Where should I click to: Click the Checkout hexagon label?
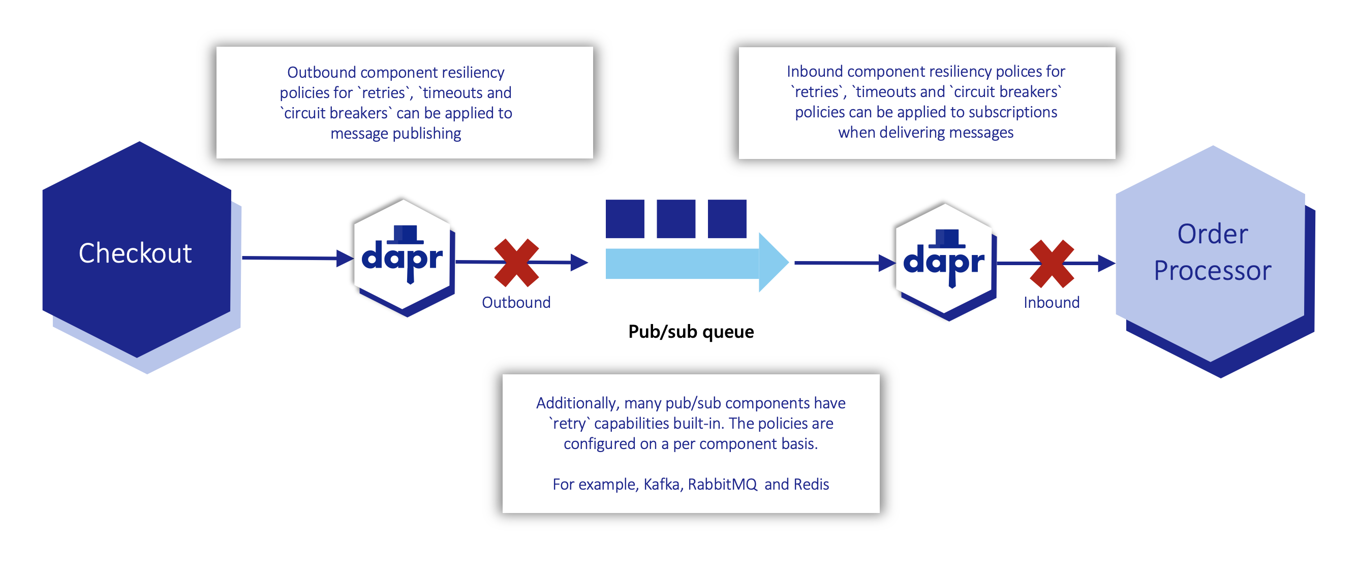(135, 253)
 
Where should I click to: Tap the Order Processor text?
(1213, 252)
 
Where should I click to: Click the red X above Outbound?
(516, 263)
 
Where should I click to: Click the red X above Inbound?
(1052, 264)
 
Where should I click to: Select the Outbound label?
(516, 302)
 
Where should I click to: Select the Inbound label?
(1052, 302)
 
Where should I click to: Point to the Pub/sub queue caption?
(691, 332)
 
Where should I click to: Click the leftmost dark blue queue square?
(625, 219)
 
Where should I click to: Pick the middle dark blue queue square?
(676, 219)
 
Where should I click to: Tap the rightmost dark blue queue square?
(727, 219)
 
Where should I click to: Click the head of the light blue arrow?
(773, 262)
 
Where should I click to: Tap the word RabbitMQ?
(722, 484)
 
